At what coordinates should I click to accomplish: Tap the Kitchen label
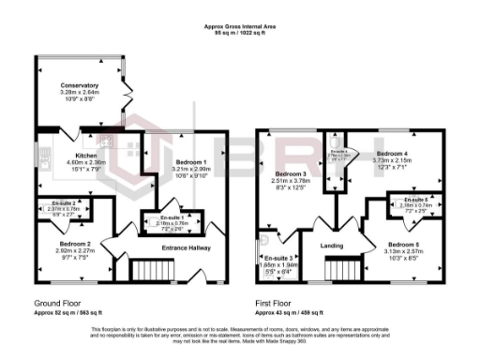[x=87, y=156]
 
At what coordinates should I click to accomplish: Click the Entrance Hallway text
[x=188, y=247]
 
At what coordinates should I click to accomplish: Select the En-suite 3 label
[x=278, y=258]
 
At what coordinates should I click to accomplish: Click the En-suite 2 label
[x=65, y=203]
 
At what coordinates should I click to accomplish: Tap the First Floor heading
[x=277, y=303]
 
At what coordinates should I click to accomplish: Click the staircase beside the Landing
[x=343, y=270]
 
